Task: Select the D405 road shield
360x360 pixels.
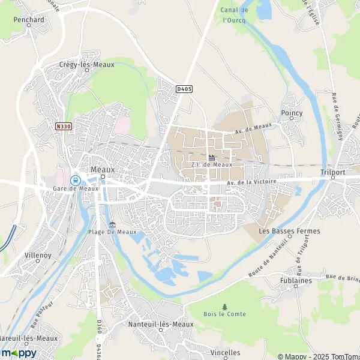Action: click(184, 89)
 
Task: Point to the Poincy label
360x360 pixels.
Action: click(292, 113)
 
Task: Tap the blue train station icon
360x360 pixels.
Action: click(75, 179)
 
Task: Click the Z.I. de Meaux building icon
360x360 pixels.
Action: click(211, 158)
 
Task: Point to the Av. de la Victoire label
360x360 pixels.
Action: click(251, 182)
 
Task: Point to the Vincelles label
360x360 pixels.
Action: click(226, 352)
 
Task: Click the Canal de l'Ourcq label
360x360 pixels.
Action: click(235, 15)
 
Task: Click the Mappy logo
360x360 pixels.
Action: click(19, 353)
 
